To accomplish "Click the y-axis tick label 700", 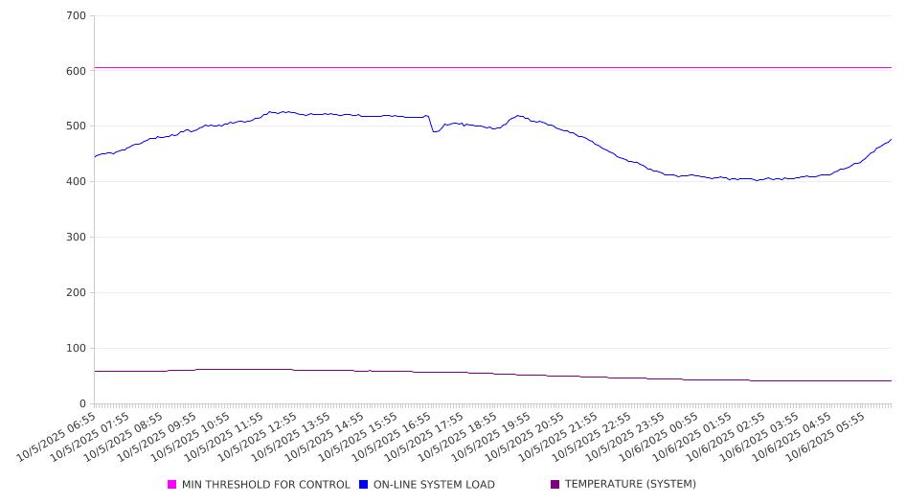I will [77, 16].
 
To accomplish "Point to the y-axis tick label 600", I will [77, 71].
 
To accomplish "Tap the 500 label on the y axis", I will [77, 126].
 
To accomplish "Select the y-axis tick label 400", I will [77, 182].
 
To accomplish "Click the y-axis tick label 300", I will [77, 238].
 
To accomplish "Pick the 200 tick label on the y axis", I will [77, 293].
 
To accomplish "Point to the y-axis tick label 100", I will [77, 349].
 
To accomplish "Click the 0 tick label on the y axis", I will [83, 404].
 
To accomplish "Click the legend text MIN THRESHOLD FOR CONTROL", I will [265, 485].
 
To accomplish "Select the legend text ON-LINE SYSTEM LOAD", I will [434, 485].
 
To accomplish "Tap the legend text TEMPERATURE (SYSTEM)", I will [630, 485].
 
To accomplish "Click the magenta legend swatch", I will [172, 485].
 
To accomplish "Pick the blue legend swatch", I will [364, 485].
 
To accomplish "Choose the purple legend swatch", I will [555, 485].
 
